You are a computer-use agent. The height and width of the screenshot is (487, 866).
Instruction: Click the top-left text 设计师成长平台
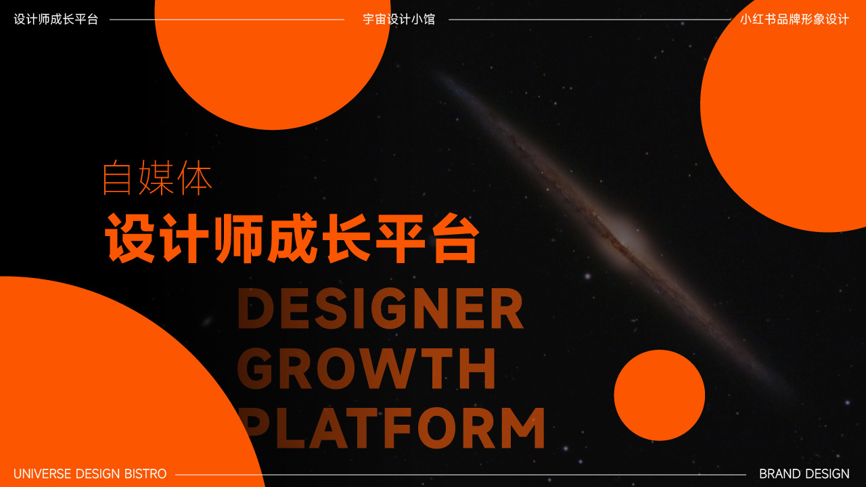click(56, 20)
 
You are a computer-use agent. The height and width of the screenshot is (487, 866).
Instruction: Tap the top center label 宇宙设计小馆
click(399, 20)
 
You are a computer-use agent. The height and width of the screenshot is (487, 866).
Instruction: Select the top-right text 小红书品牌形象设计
click(794, 20)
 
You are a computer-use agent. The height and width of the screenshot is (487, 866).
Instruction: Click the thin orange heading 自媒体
click(158, 178)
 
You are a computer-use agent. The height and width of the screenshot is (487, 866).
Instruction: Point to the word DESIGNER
click(380, 308)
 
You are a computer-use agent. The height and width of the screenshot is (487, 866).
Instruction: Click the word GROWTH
click(367, 368)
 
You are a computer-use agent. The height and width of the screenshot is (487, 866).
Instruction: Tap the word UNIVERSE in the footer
click(43, 474)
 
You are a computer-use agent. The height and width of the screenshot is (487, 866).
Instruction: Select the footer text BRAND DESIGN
click(804, 474)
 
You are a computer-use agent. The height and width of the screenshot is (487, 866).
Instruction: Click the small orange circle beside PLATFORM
click(660, 395)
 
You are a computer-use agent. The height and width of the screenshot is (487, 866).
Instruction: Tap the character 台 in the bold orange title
click(455, 237)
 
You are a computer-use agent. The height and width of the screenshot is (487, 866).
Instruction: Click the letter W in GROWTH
click(397, 368)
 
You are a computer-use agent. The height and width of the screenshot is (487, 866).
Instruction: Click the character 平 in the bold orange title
click(401, 237)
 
